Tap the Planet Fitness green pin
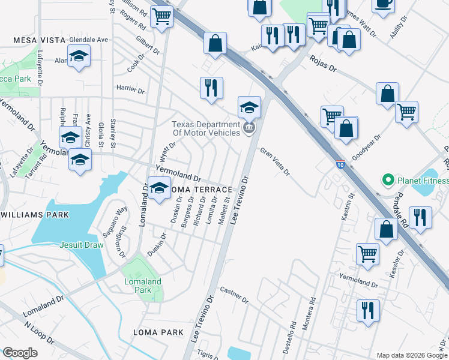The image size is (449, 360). click(388, 180)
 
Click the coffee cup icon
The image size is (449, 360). click(382, 4)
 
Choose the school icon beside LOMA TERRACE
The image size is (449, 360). click(159, 188)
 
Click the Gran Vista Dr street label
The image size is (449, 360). click(275, 162)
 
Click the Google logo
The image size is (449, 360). click(20, 353)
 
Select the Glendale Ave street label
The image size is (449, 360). click(88, 40)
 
